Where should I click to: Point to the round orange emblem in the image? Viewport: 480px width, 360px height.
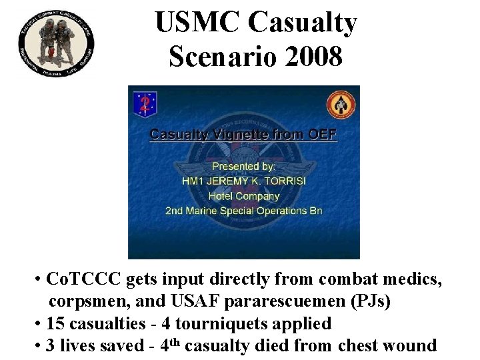point(340,105)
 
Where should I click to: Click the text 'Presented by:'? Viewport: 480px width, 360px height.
point(243,167)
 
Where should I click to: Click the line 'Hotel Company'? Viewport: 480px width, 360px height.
point(243,196)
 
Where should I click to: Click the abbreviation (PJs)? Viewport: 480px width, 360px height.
point(371,301)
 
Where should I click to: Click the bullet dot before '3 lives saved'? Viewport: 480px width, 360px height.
point(40,345)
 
